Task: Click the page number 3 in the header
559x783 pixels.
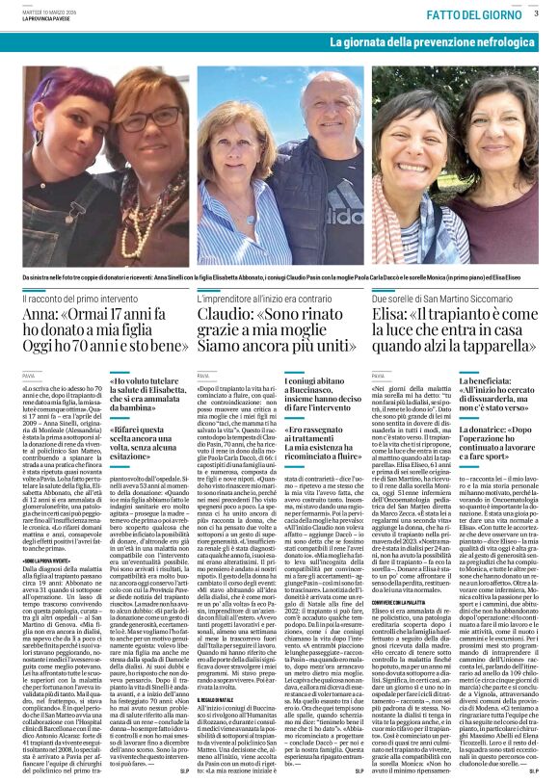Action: (536, 13)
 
